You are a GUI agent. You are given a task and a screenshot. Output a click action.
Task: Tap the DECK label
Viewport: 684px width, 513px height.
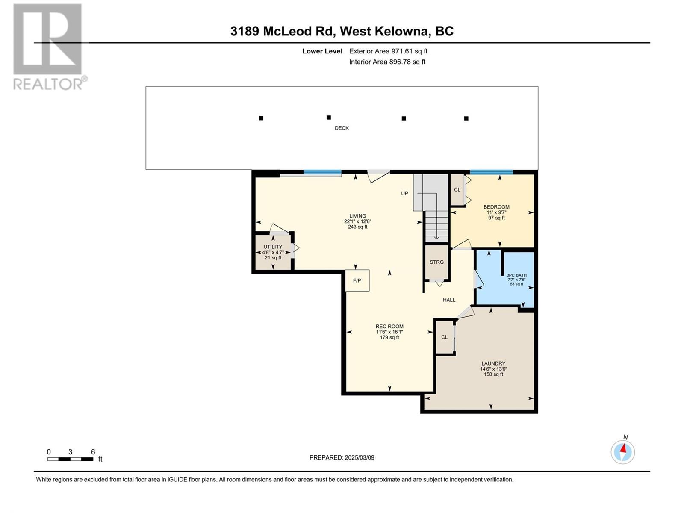pyautogui.click(x=342, y=128)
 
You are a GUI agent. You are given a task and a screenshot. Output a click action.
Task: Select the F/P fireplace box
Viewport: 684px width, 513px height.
pyautogui.click(x=357, y=280)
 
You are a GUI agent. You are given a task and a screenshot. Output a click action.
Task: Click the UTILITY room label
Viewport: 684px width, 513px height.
pyautogui.click(x=273, y=247)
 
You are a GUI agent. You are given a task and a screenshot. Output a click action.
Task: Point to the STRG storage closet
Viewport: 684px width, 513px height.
pyautogui.click(x=436, y=262)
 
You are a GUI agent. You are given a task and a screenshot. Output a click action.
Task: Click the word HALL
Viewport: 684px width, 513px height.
pyautogui.click(x=449, y=300)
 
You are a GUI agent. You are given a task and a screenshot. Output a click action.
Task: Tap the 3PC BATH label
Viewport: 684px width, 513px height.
pyautogui.click(x=517, y=275)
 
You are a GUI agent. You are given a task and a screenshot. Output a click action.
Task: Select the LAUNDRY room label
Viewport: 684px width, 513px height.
pyautogui.click(x=493, y=363)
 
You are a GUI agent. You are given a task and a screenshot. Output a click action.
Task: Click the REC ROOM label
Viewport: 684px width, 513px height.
pyautogui.click(x=389, y=327)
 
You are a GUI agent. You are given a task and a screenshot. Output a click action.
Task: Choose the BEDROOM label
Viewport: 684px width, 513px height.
pyautogui.click(x=496, y=207)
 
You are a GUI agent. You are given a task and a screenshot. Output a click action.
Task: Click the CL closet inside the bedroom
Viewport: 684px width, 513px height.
pyautogui.click(x=457, y=190)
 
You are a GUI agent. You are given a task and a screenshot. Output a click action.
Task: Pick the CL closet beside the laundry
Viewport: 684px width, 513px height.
pyautogui.click(x=445, y=337)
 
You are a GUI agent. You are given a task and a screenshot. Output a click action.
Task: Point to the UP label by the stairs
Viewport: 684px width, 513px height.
pyautogui.click(x=404, y=193)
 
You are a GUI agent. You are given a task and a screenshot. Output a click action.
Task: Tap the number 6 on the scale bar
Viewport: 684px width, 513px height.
pyautogui.click(x=93, y=451)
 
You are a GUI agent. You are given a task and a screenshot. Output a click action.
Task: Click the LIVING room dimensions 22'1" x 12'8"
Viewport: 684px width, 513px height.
pyautogui.click(x=358, y=221)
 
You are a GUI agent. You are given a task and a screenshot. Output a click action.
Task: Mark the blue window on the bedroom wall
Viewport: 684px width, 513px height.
pyautogui.click(x=492, y=172)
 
